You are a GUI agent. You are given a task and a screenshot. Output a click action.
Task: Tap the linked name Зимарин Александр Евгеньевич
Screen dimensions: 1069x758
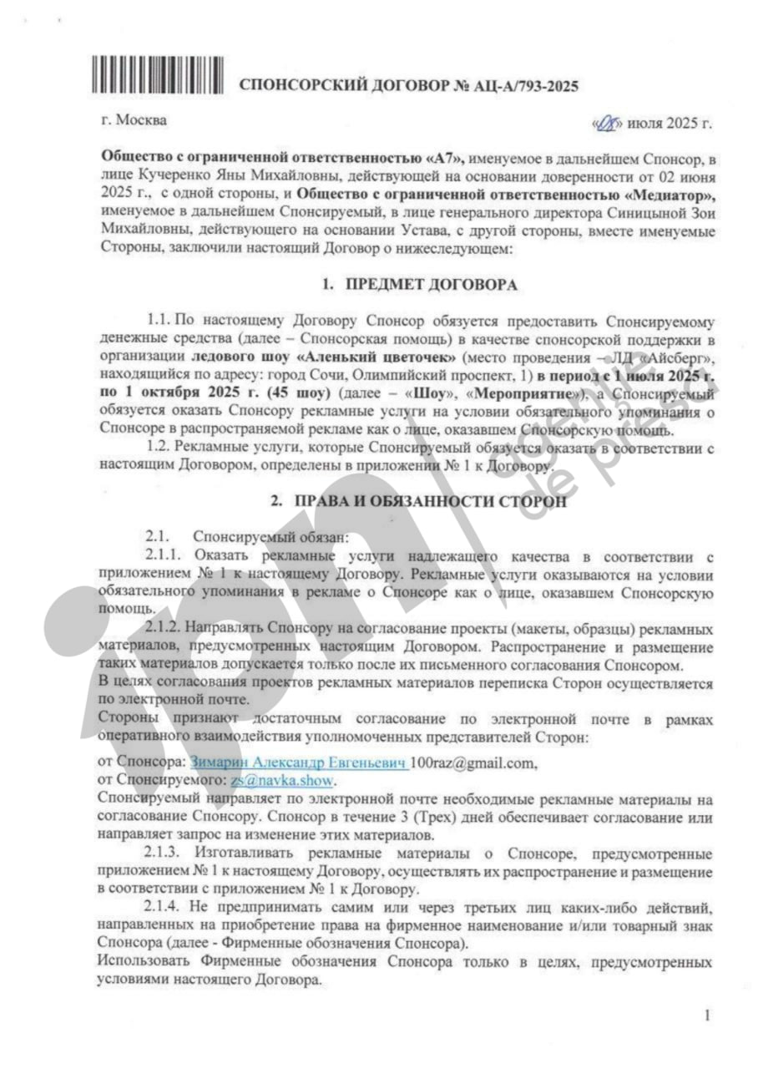pos(299,762)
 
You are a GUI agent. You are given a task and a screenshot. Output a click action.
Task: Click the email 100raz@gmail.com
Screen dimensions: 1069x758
pos(472,762)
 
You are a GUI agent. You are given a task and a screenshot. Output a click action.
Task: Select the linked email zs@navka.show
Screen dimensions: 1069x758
pos(282,780)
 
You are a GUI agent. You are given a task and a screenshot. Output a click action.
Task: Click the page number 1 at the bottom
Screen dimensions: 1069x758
pos(706,1016)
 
